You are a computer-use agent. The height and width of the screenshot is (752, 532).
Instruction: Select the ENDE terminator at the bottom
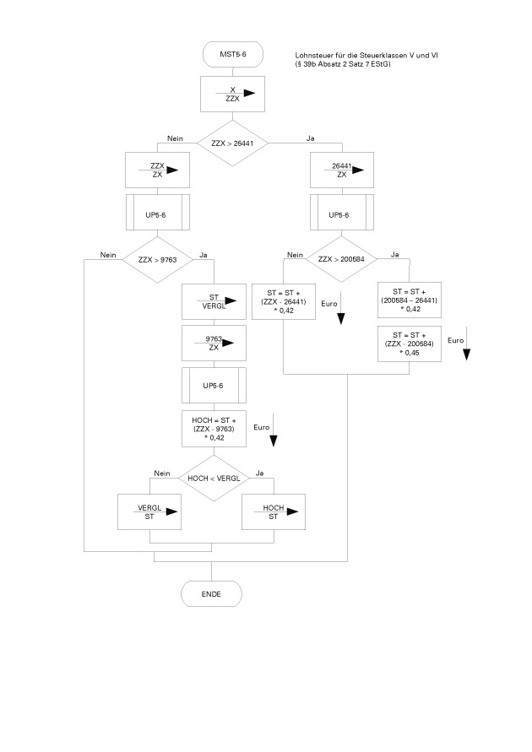coord(211,594)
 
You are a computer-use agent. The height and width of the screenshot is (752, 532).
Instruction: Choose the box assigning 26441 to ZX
coord(342,170)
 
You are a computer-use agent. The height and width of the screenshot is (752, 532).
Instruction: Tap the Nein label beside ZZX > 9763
coord(108,255)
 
